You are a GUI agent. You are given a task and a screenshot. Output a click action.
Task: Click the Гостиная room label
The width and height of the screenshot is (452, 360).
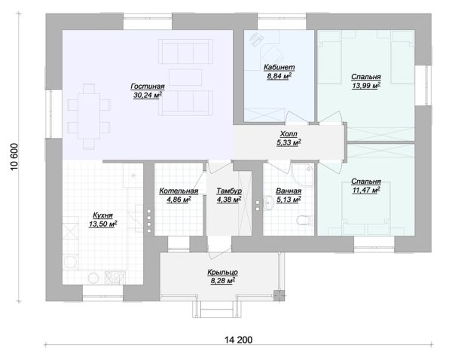[x=148, y=86]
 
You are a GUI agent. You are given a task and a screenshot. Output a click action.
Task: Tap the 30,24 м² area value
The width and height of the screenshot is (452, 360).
[x=148, y=95]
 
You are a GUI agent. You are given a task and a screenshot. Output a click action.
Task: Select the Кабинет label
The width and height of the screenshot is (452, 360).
[x=279, y=67]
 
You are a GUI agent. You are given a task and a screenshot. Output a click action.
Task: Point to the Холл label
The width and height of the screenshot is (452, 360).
[x=289, y=134]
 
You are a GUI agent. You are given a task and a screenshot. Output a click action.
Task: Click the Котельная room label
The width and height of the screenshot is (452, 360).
[x=179, y=191]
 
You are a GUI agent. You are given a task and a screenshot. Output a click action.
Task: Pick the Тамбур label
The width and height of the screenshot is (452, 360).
[x=229, y=191]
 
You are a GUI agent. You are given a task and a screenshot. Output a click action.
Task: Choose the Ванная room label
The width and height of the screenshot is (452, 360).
[x=289, y=191]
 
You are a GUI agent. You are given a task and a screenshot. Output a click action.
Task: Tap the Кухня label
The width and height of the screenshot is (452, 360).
[x=102, y=215]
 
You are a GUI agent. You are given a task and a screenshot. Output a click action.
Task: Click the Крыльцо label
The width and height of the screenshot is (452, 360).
[x=222, y=272]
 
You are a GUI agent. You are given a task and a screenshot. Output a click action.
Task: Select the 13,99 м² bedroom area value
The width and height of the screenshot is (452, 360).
[x=366, y=86]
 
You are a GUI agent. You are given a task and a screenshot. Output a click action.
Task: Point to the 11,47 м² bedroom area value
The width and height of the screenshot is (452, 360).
[x=366, y=190]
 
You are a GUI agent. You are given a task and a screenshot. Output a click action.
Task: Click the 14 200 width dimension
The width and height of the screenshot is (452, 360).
[x=238, y=340]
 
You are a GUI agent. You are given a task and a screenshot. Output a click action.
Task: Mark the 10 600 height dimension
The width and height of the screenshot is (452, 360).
[x=14, y=157]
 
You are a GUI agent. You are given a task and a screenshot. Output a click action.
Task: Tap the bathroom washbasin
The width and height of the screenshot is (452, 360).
[x=269, y=203]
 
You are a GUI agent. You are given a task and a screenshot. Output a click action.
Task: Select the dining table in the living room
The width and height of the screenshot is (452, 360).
[x=89, y=116]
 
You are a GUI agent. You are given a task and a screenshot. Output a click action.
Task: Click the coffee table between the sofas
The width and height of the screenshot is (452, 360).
[x=185, y=78]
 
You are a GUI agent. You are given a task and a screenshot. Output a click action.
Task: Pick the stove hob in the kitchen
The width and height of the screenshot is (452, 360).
[x=115, y=278]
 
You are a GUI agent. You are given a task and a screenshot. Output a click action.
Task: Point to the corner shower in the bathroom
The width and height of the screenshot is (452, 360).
[x=302, y=175]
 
